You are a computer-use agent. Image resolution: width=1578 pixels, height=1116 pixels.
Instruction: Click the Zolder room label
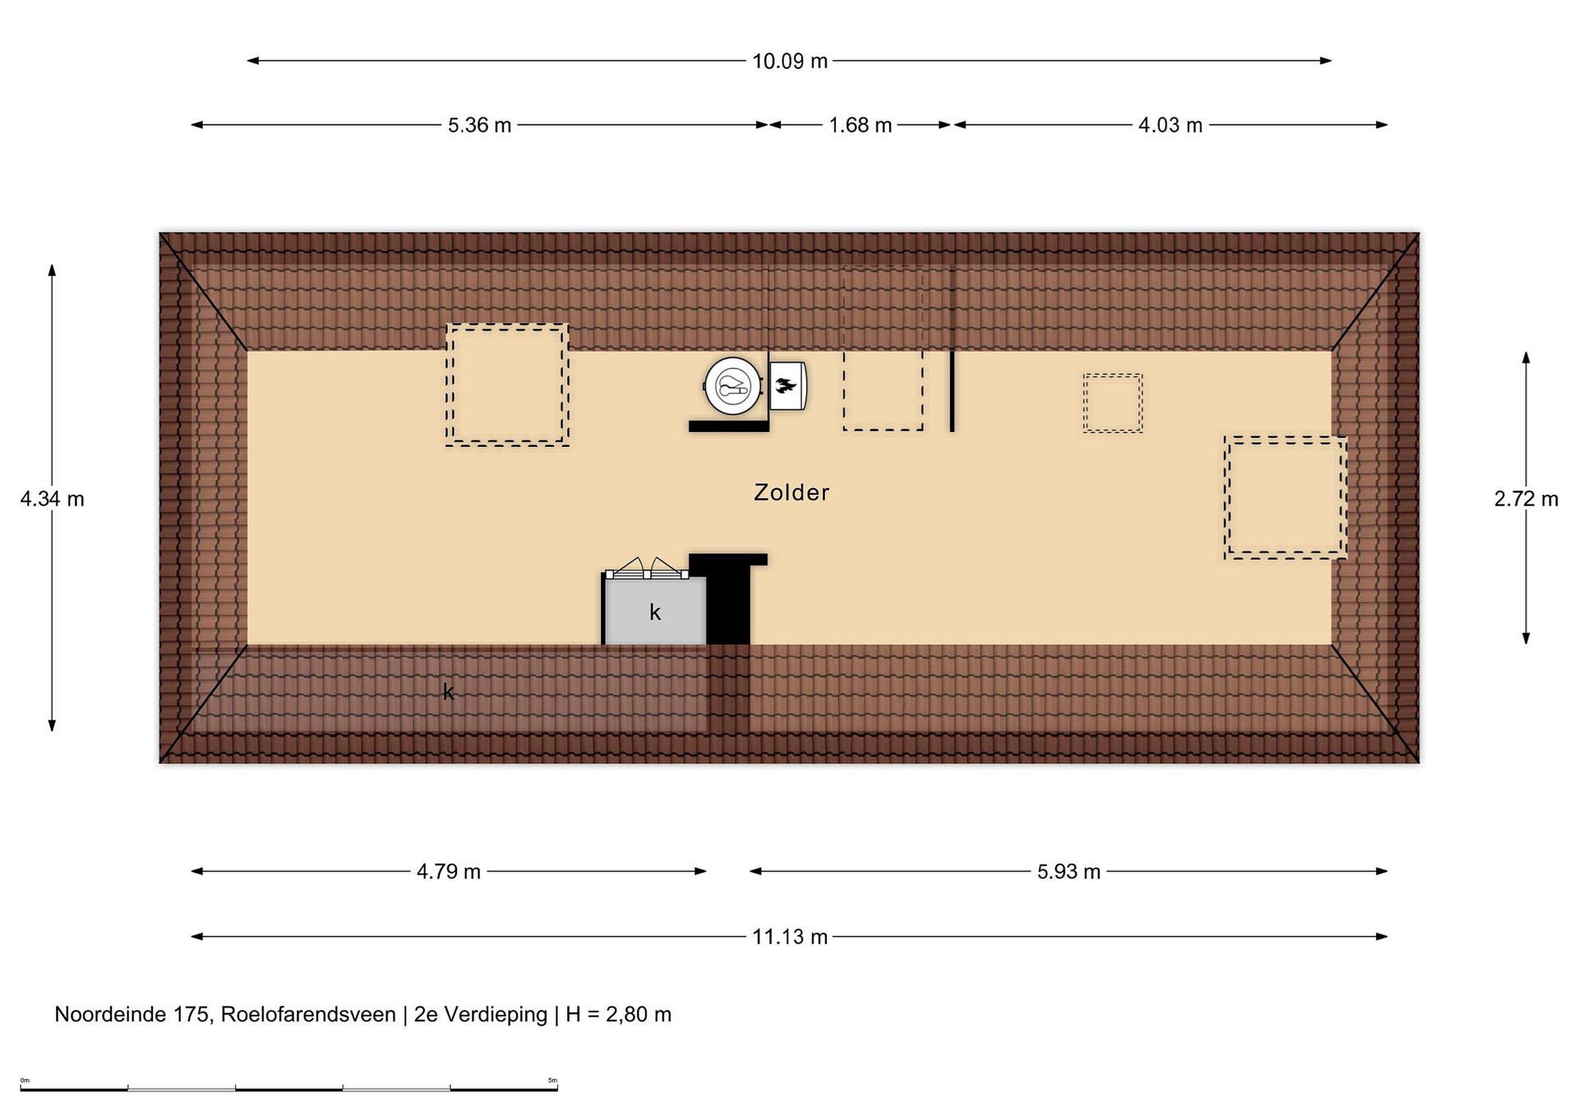click(x=791, y=492)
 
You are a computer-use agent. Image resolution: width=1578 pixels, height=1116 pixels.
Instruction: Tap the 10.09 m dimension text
click(x=790, y=61)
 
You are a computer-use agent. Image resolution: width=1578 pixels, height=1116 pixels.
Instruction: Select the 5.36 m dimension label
click(x=480, y=125)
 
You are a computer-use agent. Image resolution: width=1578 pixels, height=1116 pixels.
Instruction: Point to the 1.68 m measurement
click(x=860, y=125)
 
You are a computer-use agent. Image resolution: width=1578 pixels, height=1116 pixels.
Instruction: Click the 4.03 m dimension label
click(x=1170, y=125)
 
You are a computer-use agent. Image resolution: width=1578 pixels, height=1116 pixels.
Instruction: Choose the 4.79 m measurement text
click(x=448, y=871)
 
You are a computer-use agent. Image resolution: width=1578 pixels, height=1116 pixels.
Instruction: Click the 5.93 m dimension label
click(x=1069, y=871)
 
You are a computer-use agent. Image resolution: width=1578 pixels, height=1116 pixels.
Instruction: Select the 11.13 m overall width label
click(x=790, y=937)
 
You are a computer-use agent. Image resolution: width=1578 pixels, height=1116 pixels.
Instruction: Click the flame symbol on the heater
click(x=786, y=386)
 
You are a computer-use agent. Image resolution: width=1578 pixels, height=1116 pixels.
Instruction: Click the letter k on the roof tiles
click(x=448, y=691)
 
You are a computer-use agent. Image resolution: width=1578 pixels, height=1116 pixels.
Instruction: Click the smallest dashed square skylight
click(x=1113, y=403)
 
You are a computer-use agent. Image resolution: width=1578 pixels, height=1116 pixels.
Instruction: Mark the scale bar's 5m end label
click(x=553, y=1080)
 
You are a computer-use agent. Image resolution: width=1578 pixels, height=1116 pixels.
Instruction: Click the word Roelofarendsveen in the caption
click(x=308, y=1014)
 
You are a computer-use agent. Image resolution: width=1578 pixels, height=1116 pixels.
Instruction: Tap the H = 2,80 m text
click(x=618, y=1014)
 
